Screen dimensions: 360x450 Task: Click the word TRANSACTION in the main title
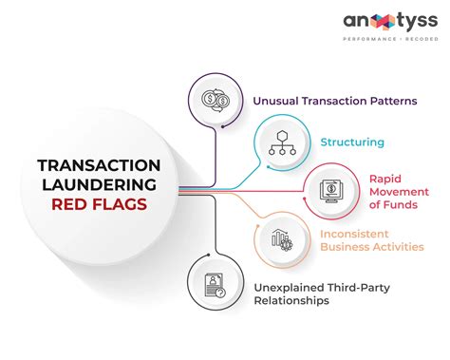tap(98, 165)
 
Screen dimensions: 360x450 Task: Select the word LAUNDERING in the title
tap(98, 184)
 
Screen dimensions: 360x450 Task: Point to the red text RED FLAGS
tap(98, 203)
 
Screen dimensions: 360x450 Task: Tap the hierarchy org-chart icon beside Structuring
tap(281, 142)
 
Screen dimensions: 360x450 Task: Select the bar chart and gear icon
tap(281, 239)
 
